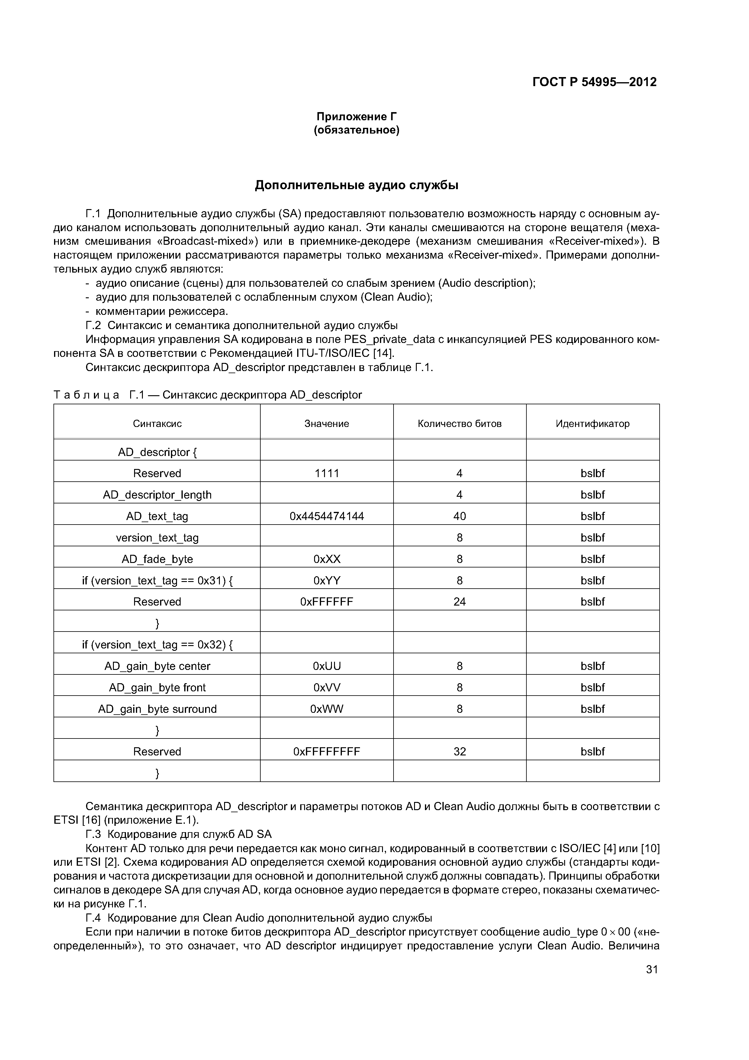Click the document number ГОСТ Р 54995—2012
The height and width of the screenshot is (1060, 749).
tap(594, 82)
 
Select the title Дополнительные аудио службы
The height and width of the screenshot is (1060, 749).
tap(356, 185)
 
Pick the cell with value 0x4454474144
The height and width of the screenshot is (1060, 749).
tap(327, 516)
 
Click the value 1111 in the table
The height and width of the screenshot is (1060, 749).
tap(327, 473)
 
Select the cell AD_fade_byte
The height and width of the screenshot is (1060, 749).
tap(157, 559)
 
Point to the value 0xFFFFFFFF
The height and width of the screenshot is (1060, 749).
tap(327, 751)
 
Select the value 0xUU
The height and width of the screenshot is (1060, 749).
tap(327, 666)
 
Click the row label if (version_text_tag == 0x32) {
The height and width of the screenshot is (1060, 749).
tap(157, 645)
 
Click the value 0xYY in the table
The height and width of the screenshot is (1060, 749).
tap(327, 580)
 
